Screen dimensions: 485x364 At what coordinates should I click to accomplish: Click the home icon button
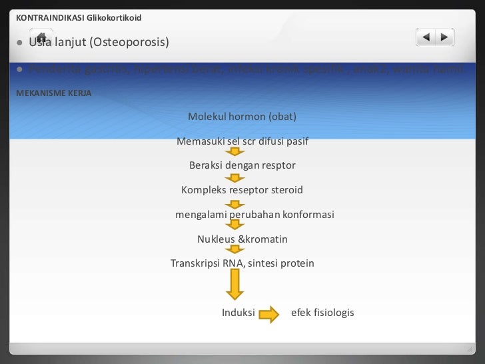(41, 38)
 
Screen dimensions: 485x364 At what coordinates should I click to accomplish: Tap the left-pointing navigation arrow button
(426, 38)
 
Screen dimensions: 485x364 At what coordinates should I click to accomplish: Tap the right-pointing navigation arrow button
(444, 38)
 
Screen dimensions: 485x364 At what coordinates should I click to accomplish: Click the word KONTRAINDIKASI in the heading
(46, 17)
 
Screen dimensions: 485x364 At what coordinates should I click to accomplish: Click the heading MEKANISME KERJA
(53, 93)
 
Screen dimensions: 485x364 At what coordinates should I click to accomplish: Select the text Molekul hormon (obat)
(242, 117)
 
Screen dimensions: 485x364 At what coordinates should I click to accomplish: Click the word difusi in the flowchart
(266, 142)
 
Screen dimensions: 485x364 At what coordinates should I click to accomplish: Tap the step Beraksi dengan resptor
(242, 165)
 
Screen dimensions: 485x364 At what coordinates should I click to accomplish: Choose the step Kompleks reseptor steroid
(242, 190)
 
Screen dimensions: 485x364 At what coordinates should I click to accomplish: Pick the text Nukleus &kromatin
(242, 239)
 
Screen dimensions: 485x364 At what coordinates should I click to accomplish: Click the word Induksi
(239, 313)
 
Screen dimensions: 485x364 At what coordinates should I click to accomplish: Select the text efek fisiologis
(323, 313)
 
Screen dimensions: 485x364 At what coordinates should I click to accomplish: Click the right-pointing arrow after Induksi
(268, 314)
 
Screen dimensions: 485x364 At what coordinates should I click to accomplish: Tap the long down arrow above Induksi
(234, 286)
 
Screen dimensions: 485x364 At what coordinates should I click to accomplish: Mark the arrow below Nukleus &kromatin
(234, 250)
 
